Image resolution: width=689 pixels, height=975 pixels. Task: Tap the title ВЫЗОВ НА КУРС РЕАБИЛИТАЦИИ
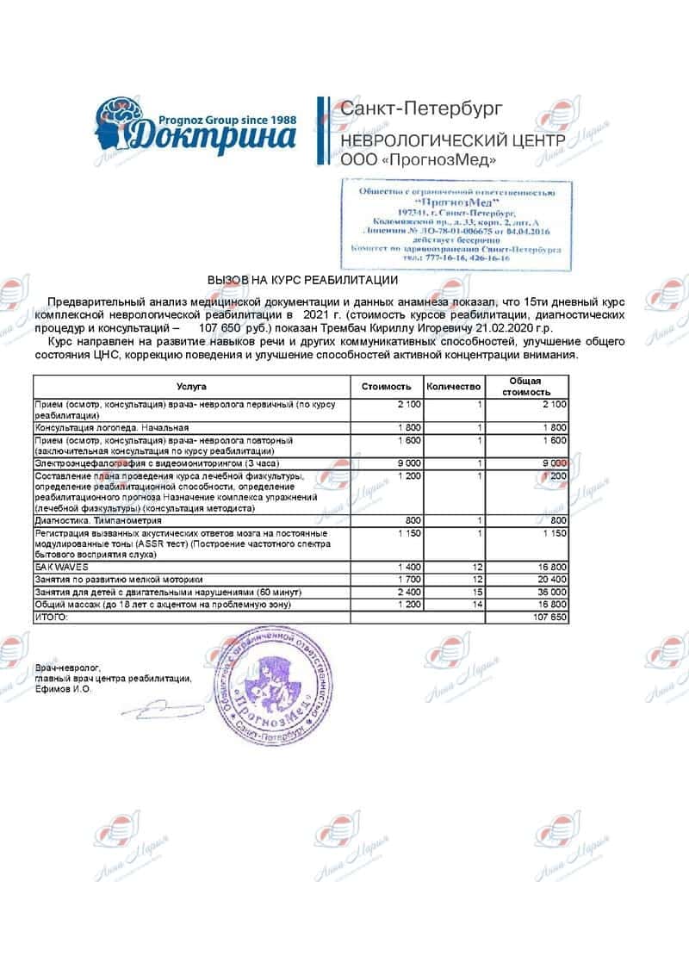[x=301, y=281]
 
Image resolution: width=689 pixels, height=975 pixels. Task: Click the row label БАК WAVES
[x=53, y=568]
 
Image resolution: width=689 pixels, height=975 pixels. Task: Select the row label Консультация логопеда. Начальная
[x=111, y=427]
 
